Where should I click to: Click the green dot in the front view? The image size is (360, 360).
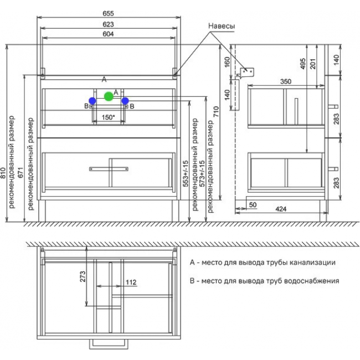pos(109,96)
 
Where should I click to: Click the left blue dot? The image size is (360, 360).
pos(92,101)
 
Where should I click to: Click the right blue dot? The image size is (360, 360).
pos(125,101)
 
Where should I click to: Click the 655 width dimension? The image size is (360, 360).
pos(108,13)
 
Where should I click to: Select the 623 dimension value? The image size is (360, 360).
pos(108,24)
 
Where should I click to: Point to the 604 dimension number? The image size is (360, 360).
pos(108,34)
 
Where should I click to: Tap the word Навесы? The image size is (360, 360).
pos(222,26)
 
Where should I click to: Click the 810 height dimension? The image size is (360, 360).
pos(3,173)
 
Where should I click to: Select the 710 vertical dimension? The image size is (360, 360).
pos(216,111)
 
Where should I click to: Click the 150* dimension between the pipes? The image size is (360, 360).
pos(109,117)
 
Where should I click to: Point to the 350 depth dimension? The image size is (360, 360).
pos(286,81)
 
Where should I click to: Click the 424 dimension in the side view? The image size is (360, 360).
pos(281,209)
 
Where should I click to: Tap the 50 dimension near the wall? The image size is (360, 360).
pos(253,204)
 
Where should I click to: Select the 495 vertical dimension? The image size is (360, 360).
pos(303,64)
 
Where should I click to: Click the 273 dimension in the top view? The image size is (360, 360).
pos(83,276)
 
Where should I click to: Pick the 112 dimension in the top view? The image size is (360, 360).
pos(131,282)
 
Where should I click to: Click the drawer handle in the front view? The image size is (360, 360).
pos(109,169)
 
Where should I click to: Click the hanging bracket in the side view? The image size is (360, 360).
pos(246,73)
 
